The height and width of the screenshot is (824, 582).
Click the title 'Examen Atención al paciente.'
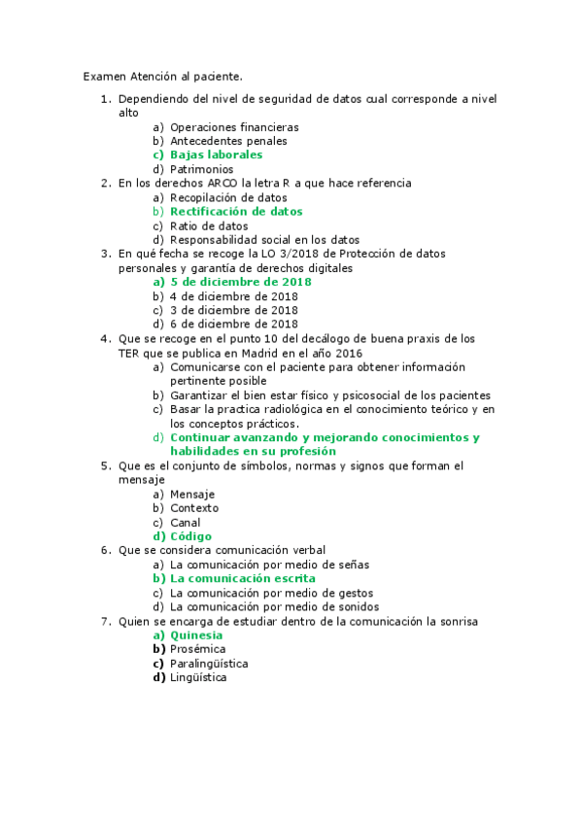(162, 76)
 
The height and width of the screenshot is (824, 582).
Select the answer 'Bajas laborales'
(216, 154)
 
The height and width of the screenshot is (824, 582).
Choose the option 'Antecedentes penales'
(228, 141)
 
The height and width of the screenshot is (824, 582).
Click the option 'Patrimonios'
(201, 169)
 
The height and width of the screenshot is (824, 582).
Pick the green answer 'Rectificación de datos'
(236, 211)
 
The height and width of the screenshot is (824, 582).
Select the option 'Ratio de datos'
(209, 225)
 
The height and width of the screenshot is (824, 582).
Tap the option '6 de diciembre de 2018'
(233, 324)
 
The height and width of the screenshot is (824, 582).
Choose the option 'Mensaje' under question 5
(192, 494)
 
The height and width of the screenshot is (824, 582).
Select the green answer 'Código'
(190, 536)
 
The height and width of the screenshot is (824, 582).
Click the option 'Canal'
(185, 522)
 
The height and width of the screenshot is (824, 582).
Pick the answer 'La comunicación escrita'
(242, 578)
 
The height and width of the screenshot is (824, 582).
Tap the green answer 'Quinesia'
(196, 635)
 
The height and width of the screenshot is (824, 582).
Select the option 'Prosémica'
(198, 648)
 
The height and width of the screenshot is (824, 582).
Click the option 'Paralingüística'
(209, 663)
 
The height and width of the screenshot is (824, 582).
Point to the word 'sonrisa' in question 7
(458, 620)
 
